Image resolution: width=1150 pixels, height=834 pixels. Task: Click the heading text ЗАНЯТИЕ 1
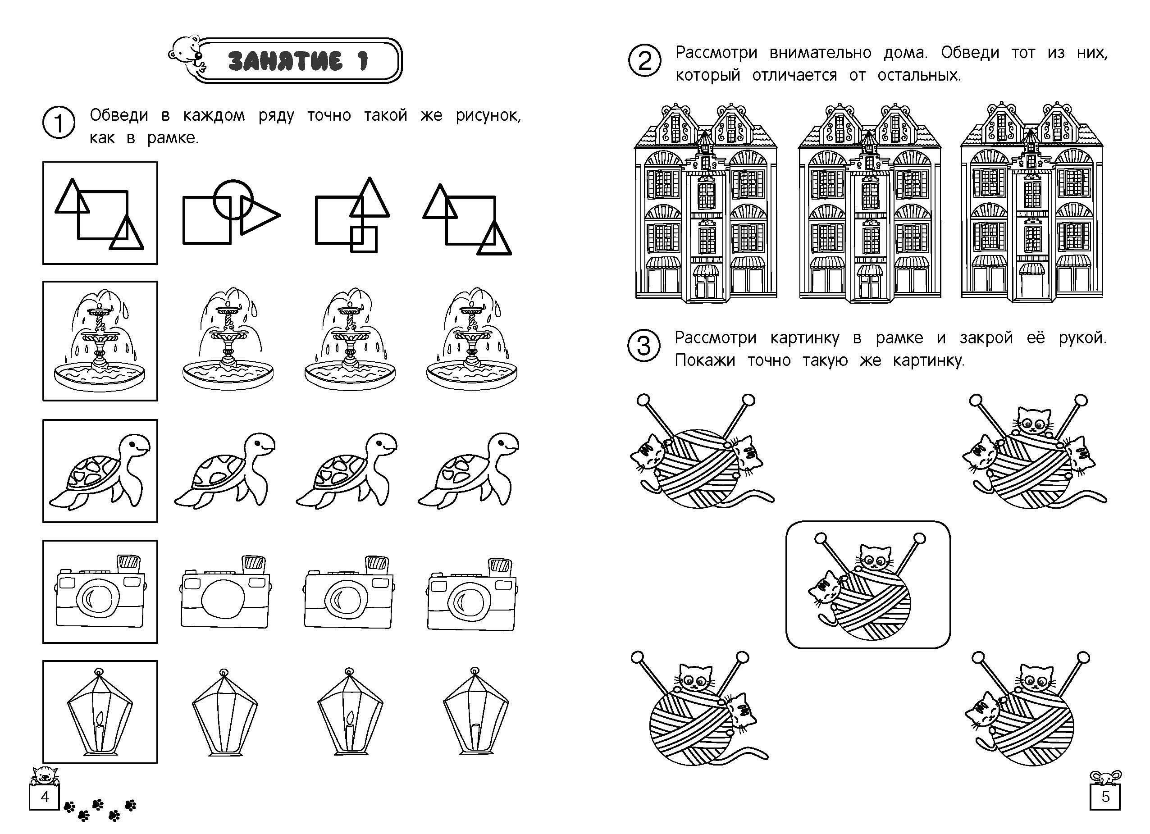[298, 61]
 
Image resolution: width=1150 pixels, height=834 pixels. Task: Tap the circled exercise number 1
[59, 123]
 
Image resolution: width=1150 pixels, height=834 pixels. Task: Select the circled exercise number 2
[644, 61]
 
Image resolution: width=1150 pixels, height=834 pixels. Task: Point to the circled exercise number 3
[643, 347]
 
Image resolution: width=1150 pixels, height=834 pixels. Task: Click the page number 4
[45, 797]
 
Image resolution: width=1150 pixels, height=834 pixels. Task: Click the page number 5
[1105, 797]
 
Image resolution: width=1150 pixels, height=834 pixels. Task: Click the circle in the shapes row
[233, 199]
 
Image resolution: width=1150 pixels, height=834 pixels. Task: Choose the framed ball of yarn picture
[867, 584]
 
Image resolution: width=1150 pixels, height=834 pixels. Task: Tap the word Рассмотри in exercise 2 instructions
[716, 53]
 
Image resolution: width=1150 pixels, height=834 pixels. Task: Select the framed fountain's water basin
[100, 376]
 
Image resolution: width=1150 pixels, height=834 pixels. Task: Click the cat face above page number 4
[45, 775]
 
